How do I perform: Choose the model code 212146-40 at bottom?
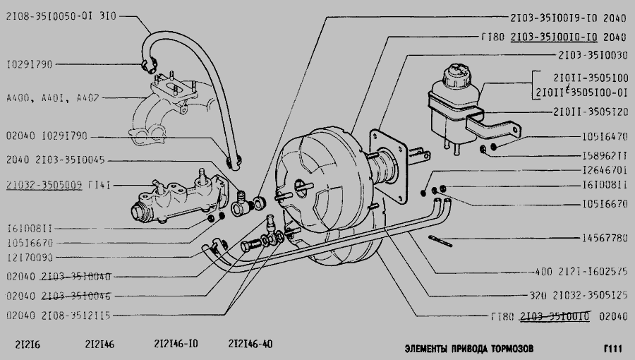(x=250, y=344)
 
